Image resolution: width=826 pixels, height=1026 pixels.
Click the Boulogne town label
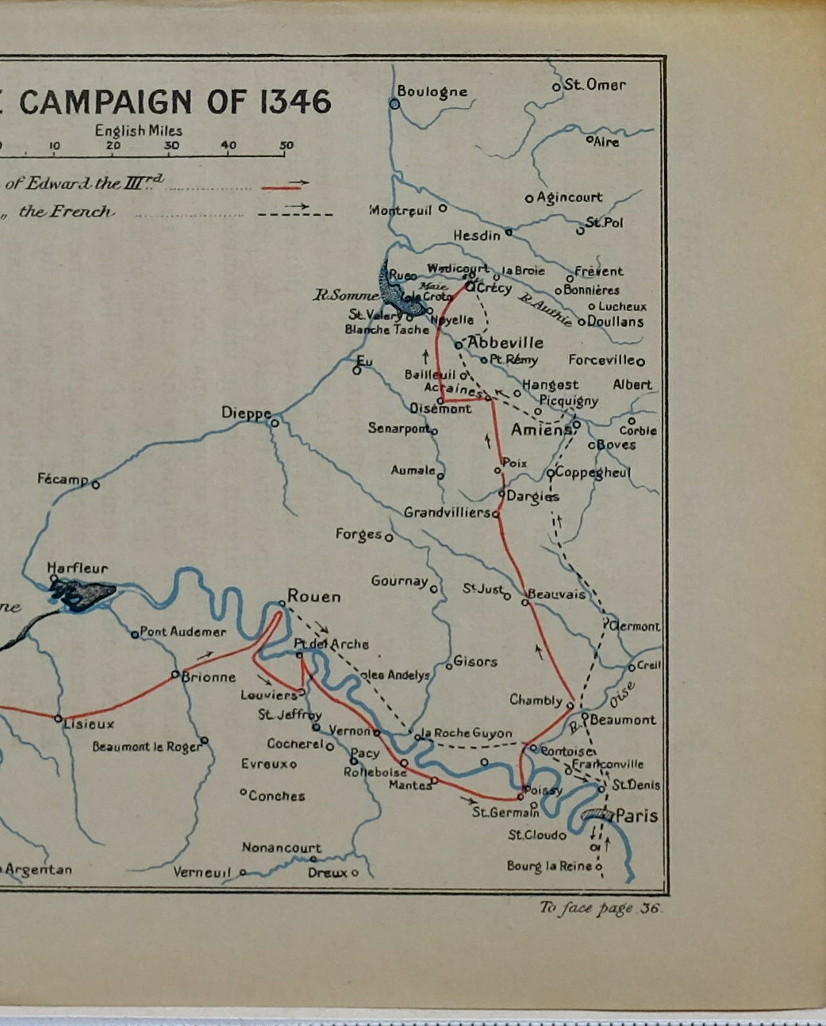(432, 91)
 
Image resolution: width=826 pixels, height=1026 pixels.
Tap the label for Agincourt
(569, 197)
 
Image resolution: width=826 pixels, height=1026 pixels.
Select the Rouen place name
(313, 596)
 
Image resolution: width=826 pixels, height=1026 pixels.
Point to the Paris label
(636, 816)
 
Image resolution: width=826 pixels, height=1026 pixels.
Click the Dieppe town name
(246, 413)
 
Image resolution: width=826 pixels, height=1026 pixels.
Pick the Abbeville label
(505, 343)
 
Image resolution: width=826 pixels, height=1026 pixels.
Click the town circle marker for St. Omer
(557, 86)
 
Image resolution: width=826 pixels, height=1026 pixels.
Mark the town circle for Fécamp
(96, 484)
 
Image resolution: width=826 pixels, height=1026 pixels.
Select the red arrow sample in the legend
(286, 186)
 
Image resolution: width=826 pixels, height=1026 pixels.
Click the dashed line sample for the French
(295, 212)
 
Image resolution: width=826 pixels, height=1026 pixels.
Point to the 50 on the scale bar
(286, 145)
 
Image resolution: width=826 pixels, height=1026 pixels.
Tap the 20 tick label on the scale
(113, 145)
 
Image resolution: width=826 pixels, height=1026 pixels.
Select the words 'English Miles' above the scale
(139, 130)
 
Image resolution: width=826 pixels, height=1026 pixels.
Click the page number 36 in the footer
(650, 909)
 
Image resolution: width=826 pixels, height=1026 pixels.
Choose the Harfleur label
(77, 568)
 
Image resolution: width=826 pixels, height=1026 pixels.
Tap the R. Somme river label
(346, 295)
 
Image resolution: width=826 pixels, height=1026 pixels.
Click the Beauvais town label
(556, 594)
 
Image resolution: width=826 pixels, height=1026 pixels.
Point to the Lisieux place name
(89, 724)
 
